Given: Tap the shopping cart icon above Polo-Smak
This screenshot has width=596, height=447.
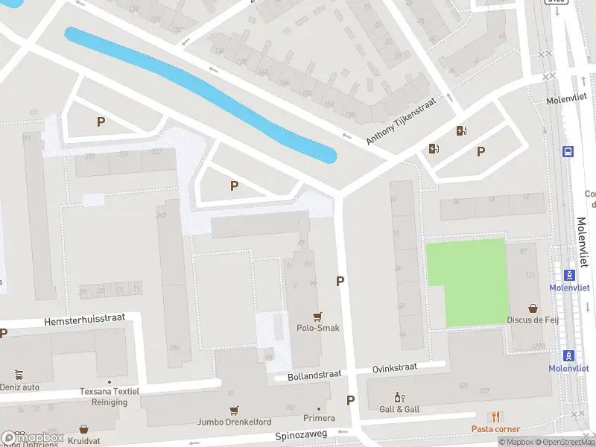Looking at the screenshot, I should click(319, 316).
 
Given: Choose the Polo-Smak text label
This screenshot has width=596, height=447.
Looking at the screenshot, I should click(319, 328).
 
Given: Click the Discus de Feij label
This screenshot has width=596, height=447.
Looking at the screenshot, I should click(533, 320).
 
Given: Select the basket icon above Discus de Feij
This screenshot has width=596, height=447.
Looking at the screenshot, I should click(533, 308).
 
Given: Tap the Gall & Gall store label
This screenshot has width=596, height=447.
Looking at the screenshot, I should click(400, 409).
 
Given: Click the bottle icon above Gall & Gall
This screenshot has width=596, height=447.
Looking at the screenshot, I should click(399, 397).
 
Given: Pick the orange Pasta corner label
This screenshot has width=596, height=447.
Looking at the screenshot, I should click(495, 429).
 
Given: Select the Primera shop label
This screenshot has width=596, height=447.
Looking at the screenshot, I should click(320, 419).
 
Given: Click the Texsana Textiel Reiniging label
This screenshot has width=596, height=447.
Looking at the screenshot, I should click(110, 396).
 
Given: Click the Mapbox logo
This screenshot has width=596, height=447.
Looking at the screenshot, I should click(33, 438).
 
